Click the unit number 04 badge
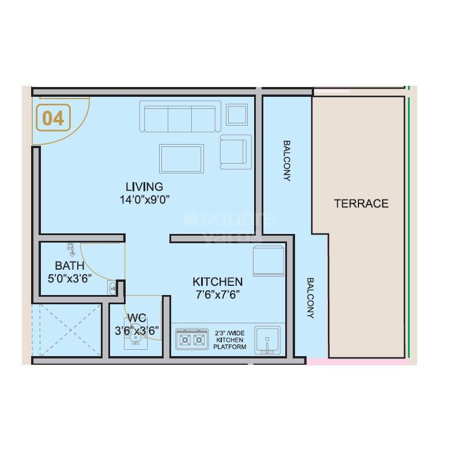[54, 118]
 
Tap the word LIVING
[144, 187]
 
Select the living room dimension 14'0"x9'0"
[144, 199]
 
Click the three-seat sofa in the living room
[179, 118]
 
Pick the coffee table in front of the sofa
[182, 158]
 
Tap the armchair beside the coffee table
[236, 152]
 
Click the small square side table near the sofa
[237, 114]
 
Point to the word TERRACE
[361, 203]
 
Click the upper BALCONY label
[286, 160]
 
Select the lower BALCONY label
[310, 298]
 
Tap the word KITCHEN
[217, 282]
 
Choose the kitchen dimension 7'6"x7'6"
[217, 294]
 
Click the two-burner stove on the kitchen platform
[192, 339]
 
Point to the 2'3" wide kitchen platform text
[230, 340]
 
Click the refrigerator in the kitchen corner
[269, 260]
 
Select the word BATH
[70, 266]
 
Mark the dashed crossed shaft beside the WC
[67, 331]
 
